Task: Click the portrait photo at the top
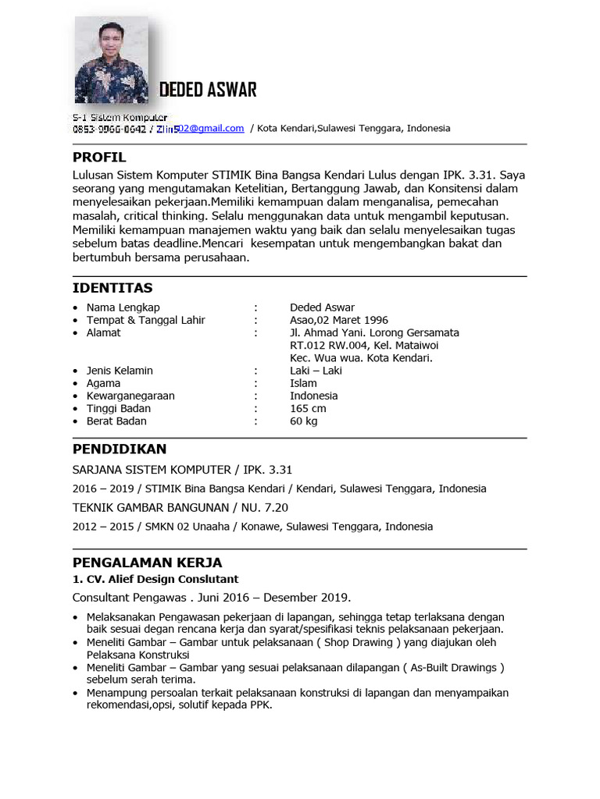coord(110,61)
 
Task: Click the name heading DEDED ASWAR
coord(208,90)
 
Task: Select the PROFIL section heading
coord(99,158)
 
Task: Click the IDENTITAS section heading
coord(112,289)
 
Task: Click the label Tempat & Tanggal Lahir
coord(146,320)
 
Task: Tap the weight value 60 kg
coord(304,421)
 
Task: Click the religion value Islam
coord(303,383)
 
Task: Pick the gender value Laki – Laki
coord(316,371)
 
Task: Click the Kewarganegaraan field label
coord(130,396)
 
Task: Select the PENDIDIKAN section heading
coord(120,449)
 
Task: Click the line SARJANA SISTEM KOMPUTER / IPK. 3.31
coord(182,470)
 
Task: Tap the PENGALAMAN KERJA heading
coord(148,563)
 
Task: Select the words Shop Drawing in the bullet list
coord(364,642)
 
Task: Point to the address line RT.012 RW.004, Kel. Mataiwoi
coord(364,345)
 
